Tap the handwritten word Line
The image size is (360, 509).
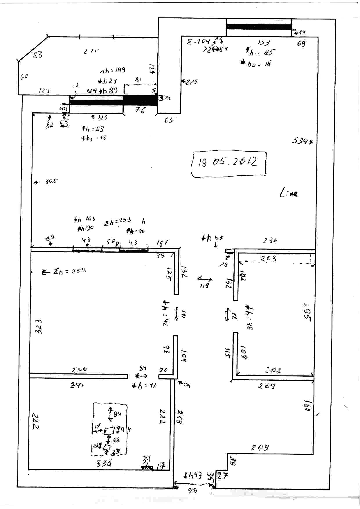(x=289, y=193)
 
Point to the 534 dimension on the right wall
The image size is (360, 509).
(x=300, y=141)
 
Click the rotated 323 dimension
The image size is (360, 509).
(x=39, y=326)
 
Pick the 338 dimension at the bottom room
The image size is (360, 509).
(x=104, y=463)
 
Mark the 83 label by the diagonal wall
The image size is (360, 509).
(x=37, y=54)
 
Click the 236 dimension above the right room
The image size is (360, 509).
(x=270, y=240)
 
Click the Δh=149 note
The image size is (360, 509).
(x=113, y=70)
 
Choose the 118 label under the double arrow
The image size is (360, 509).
(x=204, y=285)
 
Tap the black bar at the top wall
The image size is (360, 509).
(x=259, y=27)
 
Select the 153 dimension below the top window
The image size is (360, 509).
(x=264, y=43)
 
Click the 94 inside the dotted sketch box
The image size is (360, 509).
(x=117, y=414)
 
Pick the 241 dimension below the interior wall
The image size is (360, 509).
(x=77, y=385)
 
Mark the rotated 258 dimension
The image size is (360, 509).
(x=180, y=417)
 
